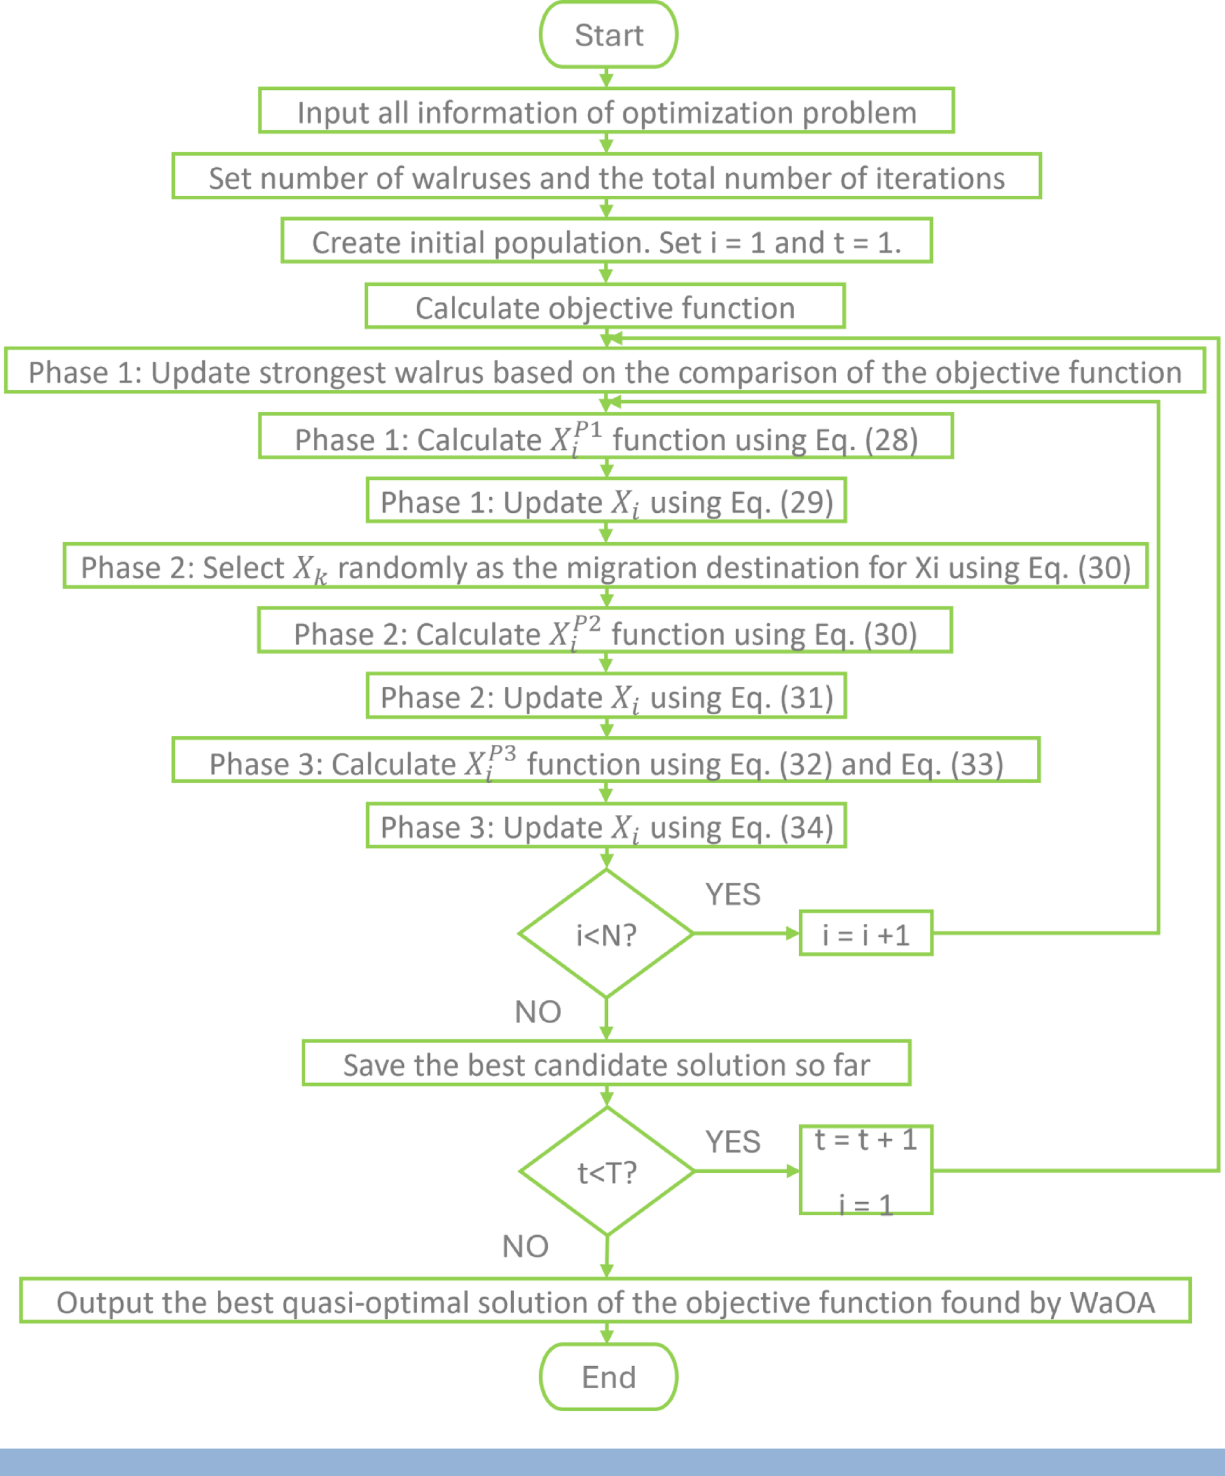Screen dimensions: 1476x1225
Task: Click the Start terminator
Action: tap(608, 35)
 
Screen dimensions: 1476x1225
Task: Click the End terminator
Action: tap(608, 1377)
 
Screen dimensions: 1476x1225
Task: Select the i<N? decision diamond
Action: tap(606, 934)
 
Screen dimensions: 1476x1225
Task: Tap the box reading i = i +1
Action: tap(866, 934)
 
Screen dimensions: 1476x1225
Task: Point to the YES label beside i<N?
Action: tap(733, 895)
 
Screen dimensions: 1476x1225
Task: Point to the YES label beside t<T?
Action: tap(733, 1142)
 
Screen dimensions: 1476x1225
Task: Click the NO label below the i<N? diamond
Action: tap(538, 1012)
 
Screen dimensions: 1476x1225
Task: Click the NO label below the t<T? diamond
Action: tap(525, 1246)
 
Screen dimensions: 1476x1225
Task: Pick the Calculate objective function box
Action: tap(605, 307)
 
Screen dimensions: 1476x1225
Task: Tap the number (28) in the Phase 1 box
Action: tap(891, 440)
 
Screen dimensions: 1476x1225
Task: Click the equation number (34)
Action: tap(807, 827)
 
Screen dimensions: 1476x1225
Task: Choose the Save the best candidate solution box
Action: tap(606, 1064)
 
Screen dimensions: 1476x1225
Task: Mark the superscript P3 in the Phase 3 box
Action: tap(502, 754)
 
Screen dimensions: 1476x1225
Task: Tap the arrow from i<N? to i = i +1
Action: tap(745, 933)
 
